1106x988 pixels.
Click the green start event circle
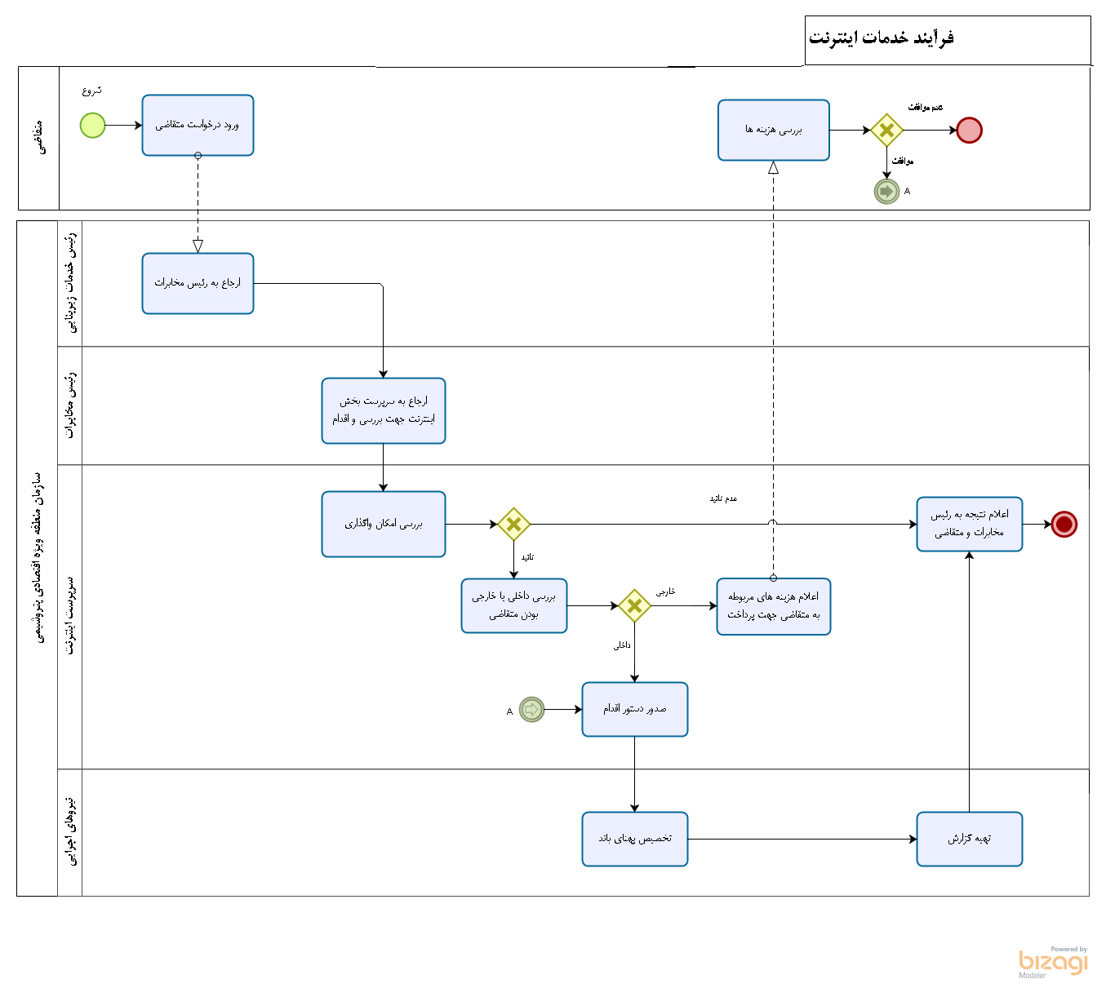[93, 126]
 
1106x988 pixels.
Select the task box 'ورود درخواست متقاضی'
[198, 126]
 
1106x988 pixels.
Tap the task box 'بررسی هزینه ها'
[774, 131]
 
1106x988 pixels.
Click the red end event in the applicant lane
[969, 131]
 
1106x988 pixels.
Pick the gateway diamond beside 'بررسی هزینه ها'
[886, 131]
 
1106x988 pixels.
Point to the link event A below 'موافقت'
[886, 192]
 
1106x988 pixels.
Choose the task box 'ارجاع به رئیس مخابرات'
[198, 283]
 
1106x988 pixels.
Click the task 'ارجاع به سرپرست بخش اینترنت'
[384, 410]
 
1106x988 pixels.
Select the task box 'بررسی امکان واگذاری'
[384, 524]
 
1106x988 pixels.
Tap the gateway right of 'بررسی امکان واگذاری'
[513, 525]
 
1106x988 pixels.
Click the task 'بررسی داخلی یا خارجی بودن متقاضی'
[514, 606]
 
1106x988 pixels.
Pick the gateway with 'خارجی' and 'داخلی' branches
[634, 606]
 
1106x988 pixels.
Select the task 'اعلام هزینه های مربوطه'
[774, 606]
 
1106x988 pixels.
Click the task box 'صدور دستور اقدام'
[635, 709]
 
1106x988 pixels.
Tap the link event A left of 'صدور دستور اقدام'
[531, 709]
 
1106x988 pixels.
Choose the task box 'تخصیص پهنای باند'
[635, 839]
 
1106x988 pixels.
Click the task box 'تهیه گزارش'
[970, 839]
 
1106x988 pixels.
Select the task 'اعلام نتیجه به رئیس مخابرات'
[970, 524]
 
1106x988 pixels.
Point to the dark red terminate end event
[1064, 524]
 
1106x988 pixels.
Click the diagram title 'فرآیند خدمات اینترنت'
[882, 38]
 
